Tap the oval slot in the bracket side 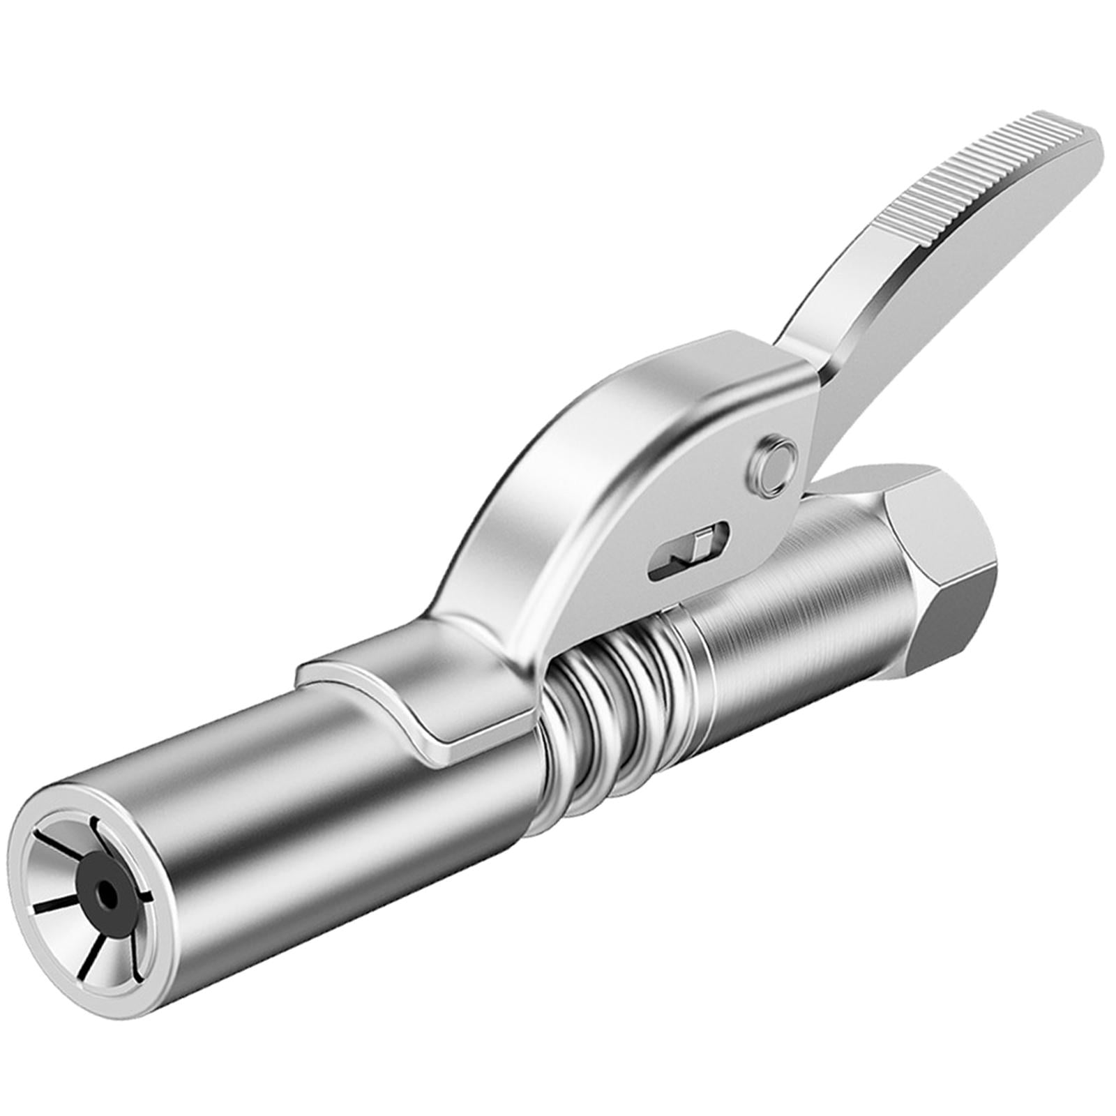point(688,545)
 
